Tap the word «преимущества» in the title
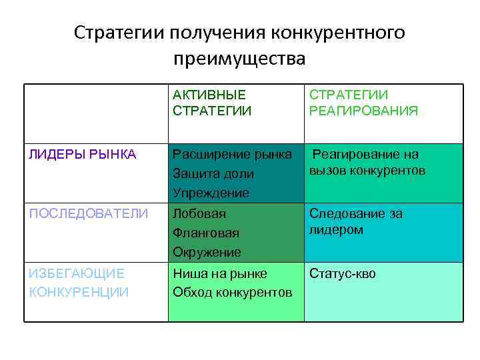pyautogui.click(x=239, y=59)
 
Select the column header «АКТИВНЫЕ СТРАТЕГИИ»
pyautogui.click(x=212, y=103)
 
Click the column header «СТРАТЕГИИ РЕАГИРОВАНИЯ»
pyautogui.click(x=363, y=103)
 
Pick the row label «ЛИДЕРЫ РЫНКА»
pyautogui.click(x=83, y=155)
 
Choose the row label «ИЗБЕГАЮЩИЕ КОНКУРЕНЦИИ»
pyautogui.click(x=79, y=282)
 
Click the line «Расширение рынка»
pyautogui.click(x=232, y=155)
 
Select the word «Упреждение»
pyautogui.click(x=211, y=193)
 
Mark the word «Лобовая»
pyautogui.click(x=199, y=214)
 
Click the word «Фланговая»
pyautogui.click(x=205, y=233)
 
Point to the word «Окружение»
pyautogui.click(x=207, y=252)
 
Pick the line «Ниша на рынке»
pyautogui.click(x=219, y=273)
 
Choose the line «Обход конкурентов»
pyautogui.click(x=232, y=292)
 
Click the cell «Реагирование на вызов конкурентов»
pyautogui.click(x=367, y=163)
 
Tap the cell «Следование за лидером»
pyautogui.click(x=355, y=221)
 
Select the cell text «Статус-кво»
pyautogui.click(x=343, y=274)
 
